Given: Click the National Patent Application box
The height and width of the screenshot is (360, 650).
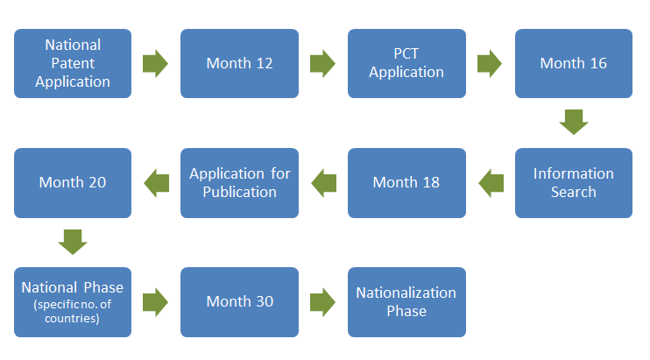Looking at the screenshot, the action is click(73, 63).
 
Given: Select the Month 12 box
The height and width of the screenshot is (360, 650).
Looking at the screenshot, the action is click(240, 63).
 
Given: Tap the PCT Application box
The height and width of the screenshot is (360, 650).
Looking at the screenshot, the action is click(406, 63).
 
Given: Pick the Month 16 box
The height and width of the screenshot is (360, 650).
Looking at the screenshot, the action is click(574, 63).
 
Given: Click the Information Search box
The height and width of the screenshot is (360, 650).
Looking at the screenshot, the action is click(574, 183).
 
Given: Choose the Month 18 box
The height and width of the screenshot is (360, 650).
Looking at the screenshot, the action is click(406, 183).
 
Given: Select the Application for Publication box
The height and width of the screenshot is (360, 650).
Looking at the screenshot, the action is click(240, 183).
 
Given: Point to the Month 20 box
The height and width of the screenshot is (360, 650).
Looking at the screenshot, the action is click(73, 183).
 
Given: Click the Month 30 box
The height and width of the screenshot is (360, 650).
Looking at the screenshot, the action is click(240, 302).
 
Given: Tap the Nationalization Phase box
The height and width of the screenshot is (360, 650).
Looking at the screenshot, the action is click(406, 302).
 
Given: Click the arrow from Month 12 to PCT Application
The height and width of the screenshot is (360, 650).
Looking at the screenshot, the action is click(322, 64).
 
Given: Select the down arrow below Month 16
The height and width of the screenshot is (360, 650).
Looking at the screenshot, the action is click(574, 123).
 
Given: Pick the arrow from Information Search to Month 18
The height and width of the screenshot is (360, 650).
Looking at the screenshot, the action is click(491, 183).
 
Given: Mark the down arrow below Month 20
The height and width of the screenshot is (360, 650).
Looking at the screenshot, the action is click(73, 242).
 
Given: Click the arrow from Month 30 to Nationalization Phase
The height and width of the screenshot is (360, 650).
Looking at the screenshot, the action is click(322, 302).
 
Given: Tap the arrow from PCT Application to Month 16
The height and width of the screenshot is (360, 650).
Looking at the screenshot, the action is click(490, 64).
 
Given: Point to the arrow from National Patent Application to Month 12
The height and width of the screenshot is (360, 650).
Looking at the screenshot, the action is click(155, 64).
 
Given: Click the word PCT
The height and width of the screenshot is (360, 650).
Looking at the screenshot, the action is click(406, 53).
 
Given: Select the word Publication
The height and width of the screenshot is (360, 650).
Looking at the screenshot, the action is click(240, 192).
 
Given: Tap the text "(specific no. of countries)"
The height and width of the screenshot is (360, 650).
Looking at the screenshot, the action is click(73, 312).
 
